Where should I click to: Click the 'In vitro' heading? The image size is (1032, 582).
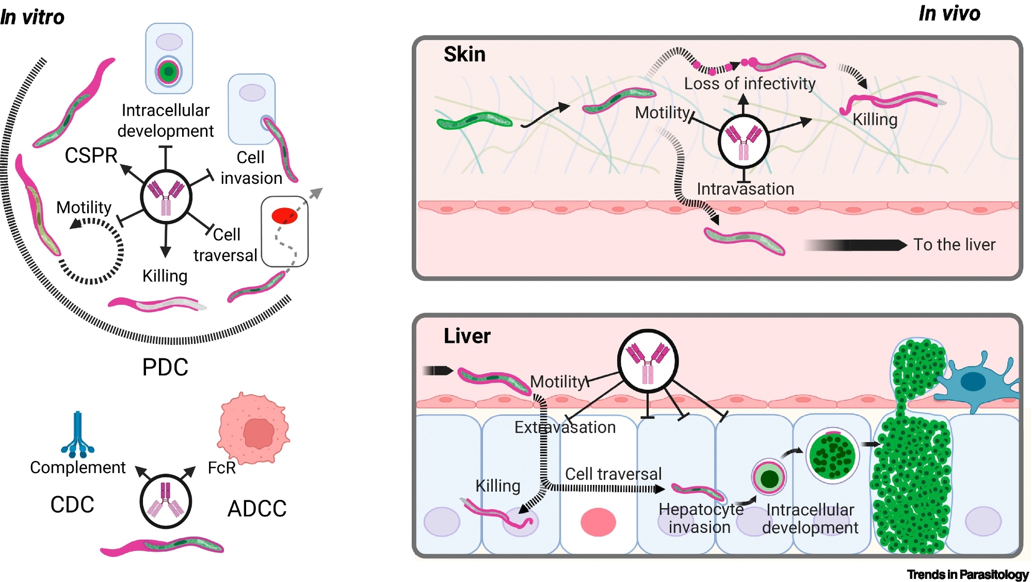point(32,17)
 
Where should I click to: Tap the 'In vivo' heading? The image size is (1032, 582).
point(949,13)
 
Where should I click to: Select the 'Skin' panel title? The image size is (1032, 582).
point(464,54)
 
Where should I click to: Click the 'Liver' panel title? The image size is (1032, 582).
point(467,336)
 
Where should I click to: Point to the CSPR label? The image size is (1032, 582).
point(91,155)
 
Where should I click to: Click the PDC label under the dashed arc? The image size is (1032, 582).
point(165,367)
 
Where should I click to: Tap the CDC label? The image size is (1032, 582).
point(72,505)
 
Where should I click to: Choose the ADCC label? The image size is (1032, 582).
point(257,509)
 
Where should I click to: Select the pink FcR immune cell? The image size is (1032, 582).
point(254,429)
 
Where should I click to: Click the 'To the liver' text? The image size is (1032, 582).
point(954,244)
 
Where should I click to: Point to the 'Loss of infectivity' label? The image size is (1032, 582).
point(749,84)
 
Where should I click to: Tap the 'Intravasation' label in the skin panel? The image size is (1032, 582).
point(745,189)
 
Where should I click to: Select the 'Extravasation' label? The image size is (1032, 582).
point(565,427)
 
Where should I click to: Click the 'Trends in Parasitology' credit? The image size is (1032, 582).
point(967,574)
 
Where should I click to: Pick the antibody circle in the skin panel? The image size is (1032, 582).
point(744,141)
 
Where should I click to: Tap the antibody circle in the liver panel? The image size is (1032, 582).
point(648,360)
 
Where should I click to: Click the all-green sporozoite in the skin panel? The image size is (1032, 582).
point(474,121)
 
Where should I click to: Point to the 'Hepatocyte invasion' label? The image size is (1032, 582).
point(700,518)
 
